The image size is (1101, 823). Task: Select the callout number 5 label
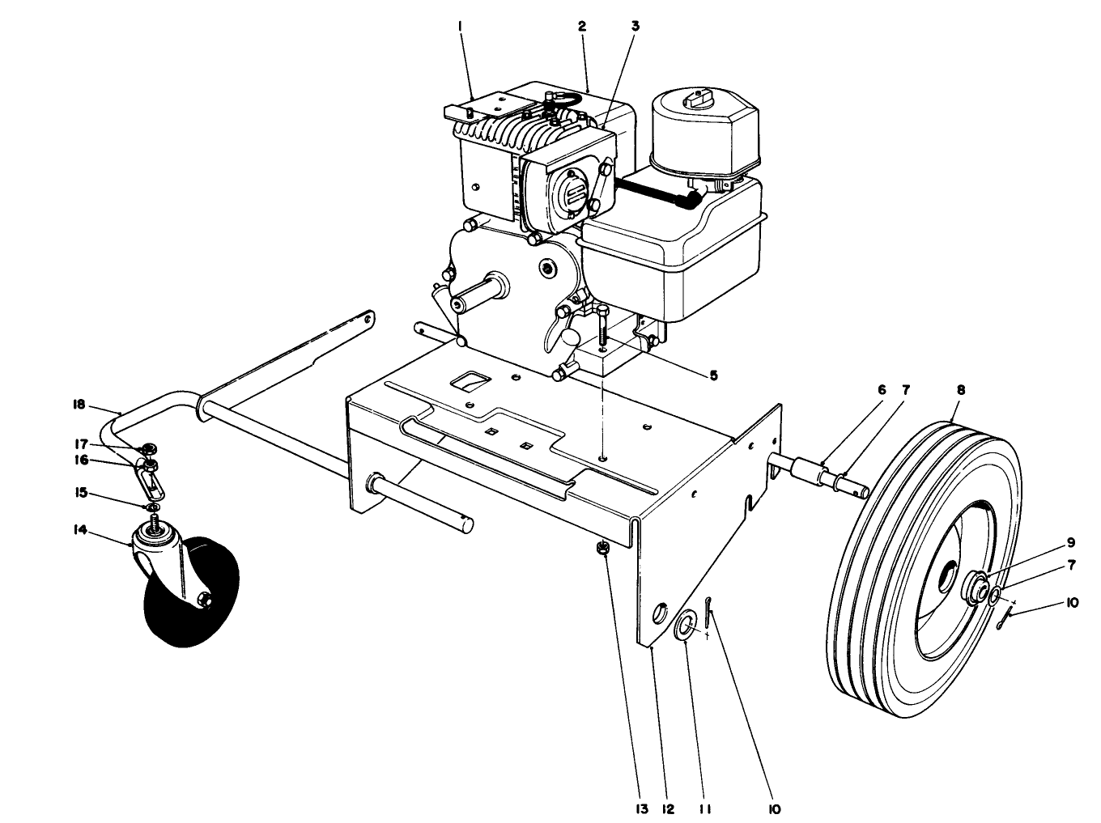[x=712, y=375]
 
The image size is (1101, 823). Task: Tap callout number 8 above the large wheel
[x=960, y=389]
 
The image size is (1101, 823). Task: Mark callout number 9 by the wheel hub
[x=1069, y=542]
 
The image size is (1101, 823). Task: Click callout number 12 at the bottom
[x=668, y=807]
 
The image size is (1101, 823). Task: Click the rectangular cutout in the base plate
[x=469, y=380]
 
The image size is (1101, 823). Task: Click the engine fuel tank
[x=672, y=251]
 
